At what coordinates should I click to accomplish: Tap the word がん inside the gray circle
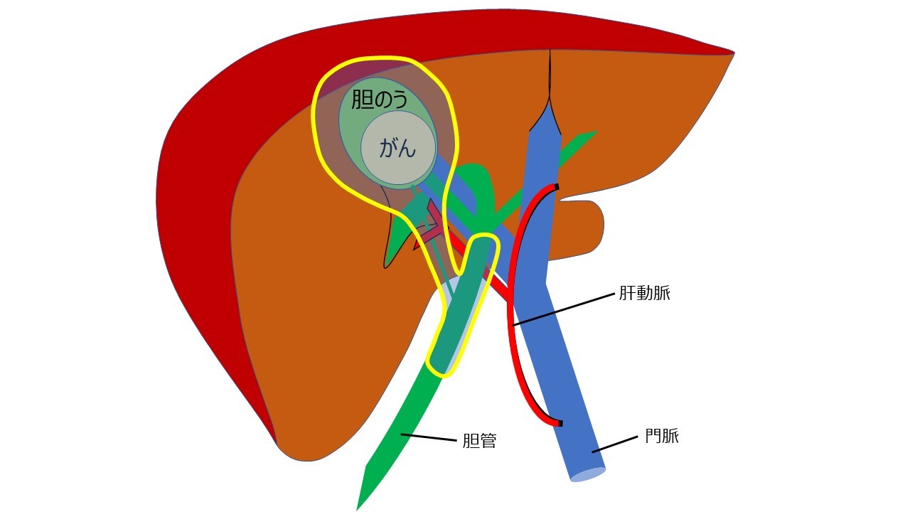coord(398,149)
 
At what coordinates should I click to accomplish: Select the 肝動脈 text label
coord(645,293)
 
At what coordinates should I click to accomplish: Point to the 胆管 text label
coord(479,441)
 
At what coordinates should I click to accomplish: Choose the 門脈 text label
coord(662,436)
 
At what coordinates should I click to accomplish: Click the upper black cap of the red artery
coord(557,187)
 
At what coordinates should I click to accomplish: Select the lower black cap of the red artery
coord(560,424)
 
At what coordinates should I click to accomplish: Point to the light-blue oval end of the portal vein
coord(588,475)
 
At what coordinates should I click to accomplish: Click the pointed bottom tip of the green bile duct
coord(358,506)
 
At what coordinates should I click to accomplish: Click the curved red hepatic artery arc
coord(516,306)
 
